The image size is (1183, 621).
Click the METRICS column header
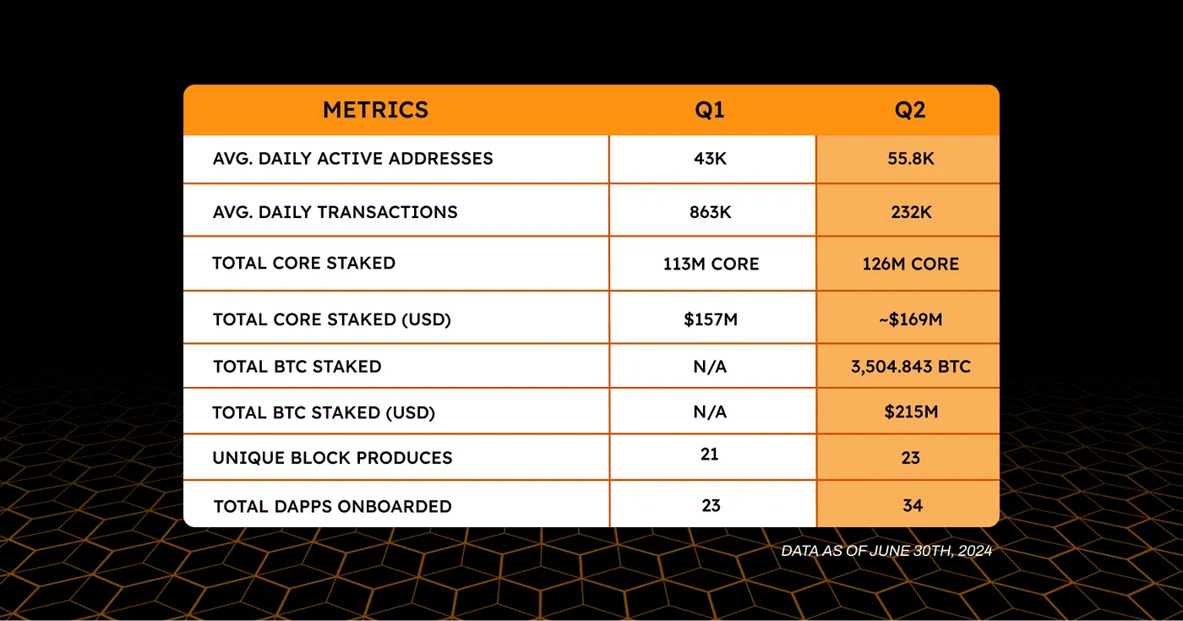point(375,110)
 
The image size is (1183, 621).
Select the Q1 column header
point(710,111)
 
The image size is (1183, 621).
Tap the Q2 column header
point(909,111)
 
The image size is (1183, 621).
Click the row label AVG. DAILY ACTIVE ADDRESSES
point(352,159)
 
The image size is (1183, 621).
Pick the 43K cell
point(710,159)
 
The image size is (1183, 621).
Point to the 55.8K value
point(910,159)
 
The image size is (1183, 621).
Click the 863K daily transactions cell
point(710,212)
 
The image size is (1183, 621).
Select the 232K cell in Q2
point(910,212)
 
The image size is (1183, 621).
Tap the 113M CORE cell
point(711,264)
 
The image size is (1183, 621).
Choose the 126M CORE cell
point(910,264)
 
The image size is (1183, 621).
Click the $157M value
point(710,319)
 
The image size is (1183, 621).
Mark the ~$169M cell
point(910,319)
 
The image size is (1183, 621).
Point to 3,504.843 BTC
point(910,367)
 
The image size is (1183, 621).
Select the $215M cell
point(910,412)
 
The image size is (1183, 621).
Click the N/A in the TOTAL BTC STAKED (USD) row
point(710,412)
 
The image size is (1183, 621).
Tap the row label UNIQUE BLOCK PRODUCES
point(332,458)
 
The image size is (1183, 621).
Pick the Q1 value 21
point(710,455)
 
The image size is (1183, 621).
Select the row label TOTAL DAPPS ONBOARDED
point(332,507)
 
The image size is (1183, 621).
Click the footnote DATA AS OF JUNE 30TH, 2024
point(886,551)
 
